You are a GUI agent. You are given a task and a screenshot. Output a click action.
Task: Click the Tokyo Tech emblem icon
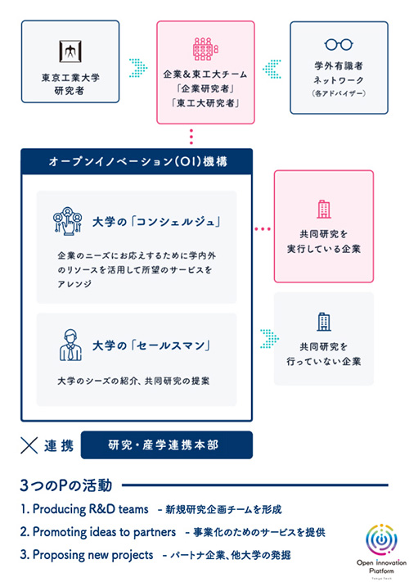(68, 50)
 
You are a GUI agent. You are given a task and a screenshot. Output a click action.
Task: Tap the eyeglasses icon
(338, 45)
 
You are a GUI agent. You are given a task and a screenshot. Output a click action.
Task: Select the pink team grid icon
(202, 48)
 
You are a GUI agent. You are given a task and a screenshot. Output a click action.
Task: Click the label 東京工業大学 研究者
(68, 84)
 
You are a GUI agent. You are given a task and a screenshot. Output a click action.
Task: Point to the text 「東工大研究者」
(202, 104)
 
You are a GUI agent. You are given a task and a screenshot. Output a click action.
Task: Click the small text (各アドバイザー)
(338, 94)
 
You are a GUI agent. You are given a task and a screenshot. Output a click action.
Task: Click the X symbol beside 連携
(30, 445)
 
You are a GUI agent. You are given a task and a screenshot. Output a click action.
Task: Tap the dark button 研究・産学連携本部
(167, 445)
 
